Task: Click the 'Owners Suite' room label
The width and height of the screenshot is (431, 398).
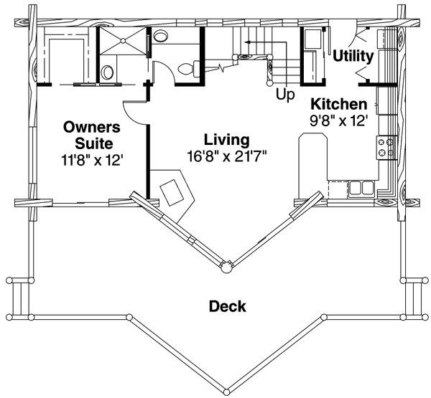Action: coord(91,134)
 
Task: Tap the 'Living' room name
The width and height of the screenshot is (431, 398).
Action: coord(226,139)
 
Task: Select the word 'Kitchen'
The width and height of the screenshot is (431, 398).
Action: coord(338,105)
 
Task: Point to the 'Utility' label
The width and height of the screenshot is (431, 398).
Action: coord(353,55)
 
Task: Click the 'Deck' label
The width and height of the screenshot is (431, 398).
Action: coord(227,307)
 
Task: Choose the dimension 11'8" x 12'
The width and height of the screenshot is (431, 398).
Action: coord(93,161)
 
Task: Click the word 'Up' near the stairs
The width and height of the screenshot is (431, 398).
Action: coord(284,94)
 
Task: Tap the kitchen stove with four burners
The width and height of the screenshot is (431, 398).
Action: coord(385,148)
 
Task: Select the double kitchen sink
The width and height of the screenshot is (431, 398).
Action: coord(361,189)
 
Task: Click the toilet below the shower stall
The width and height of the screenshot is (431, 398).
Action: coord(107,72)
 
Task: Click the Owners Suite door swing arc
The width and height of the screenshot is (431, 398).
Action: coord(133,110)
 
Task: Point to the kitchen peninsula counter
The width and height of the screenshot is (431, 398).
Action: coord(313,154)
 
